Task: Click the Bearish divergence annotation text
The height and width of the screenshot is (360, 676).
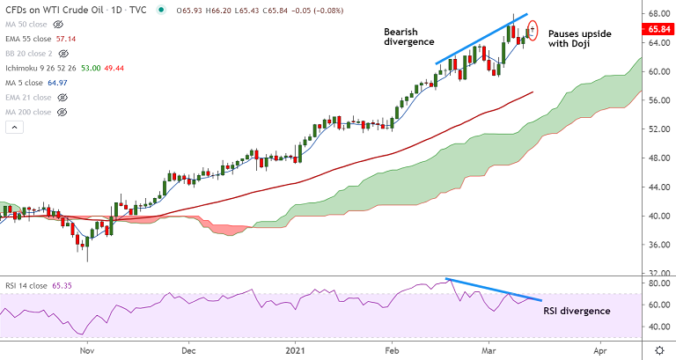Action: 409,35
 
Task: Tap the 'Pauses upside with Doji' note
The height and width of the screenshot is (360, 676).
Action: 577,39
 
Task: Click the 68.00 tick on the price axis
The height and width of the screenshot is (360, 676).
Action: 659,14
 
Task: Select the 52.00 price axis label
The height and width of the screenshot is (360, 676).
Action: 659,129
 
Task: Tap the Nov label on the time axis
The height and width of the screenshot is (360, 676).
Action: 86,349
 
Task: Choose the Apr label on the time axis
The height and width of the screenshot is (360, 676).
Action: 601,349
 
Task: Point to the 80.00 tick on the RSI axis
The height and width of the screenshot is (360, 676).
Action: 659,284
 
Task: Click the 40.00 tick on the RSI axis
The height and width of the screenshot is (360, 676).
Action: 659,327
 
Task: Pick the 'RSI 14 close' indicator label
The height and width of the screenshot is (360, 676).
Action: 29,286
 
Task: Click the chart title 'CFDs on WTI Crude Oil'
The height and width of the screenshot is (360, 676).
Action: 53,10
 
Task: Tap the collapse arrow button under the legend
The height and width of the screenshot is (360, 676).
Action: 13,129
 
